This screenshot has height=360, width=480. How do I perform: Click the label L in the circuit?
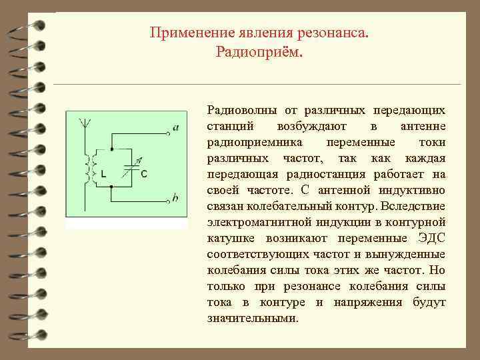pos(103,173)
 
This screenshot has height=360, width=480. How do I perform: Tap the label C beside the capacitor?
pos(145,173)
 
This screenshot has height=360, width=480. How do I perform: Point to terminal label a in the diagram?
pos(175,127)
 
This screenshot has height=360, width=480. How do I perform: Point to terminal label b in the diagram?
pos(175,198)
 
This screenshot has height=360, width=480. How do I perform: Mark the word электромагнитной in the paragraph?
pos(256,222)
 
